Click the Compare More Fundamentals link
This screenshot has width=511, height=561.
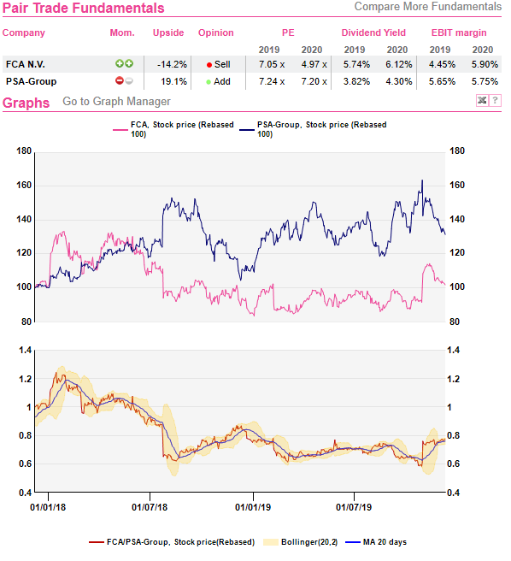coord(427,7)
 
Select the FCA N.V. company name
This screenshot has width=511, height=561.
coord(26,64)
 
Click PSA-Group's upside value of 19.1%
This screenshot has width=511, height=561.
coord(173,81)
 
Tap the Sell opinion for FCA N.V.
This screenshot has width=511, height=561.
coord(219,64)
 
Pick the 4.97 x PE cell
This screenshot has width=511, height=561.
coord(314,64)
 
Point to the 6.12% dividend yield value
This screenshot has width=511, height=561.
coord(399,64)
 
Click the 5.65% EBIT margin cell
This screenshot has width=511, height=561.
coord(442,81)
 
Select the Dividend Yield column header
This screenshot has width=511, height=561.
coord(373,32)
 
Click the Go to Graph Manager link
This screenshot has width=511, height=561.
coord(116,101)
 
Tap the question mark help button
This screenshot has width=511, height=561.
coord(496,101)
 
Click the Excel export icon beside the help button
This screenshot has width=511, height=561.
coord(483,101)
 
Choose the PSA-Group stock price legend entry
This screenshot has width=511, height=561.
coord(314,129)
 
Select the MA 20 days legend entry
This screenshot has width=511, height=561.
coord(376,542)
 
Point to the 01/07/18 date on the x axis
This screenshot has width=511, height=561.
coord(150,507)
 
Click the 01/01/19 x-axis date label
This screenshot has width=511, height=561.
coord(253,507)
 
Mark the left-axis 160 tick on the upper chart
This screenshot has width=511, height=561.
coord(24,186)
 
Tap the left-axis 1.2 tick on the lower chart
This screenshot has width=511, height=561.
coord(26,379)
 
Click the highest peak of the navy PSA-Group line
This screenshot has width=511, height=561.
coord(422,180)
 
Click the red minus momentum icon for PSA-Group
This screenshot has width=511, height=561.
coord(120,81)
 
